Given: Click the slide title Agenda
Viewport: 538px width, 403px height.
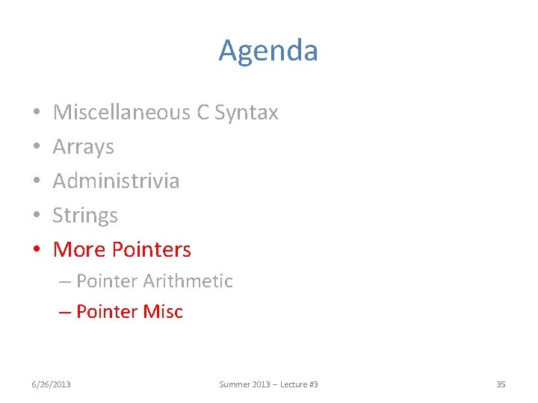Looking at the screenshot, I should [268, 51].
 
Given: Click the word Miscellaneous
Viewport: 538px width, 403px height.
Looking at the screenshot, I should [122, 113].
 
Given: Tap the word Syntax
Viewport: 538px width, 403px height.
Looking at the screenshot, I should [246, 113].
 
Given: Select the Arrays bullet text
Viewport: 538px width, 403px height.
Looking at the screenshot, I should [83, 147].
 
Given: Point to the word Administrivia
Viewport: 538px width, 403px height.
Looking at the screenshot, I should [116, 181].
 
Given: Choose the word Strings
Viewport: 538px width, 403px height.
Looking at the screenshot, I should [85, 216].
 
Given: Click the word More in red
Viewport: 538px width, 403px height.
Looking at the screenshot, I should [78, 250].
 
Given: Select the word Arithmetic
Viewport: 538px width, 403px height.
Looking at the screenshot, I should [188, 281].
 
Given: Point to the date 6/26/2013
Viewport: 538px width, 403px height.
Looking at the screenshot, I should [51, 384].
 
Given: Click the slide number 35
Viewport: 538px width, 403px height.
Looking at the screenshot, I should [501, 384].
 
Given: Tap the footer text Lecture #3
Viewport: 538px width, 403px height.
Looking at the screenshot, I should [298, 384].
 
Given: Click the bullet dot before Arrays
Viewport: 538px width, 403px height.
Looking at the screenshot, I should [36, 148].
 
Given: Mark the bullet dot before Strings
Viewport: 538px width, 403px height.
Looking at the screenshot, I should [36, 216].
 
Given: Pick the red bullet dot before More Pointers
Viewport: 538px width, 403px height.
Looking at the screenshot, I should [36, 251].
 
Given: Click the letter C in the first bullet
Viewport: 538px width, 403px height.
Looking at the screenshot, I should [202, 113].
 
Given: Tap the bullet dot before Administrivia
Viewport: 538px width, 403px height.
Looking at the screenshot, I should [36, 182].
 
